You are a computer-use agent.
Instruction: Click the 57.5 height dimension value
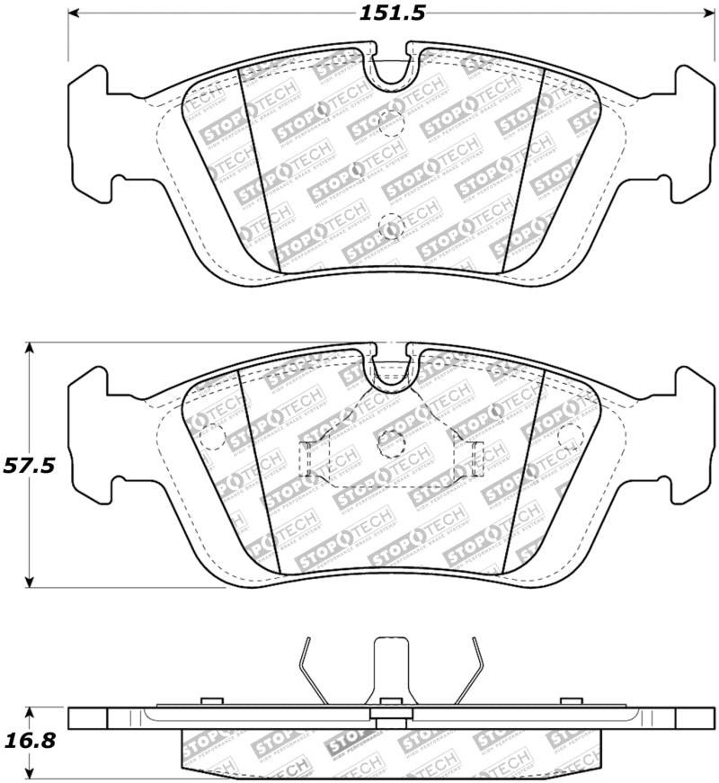tap(30, 465)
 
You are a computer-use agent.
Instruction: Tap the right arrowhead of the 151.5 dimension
tap(707, 13)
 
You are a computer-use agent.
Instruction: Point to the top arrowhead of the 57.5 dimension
tap(31, 348)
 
